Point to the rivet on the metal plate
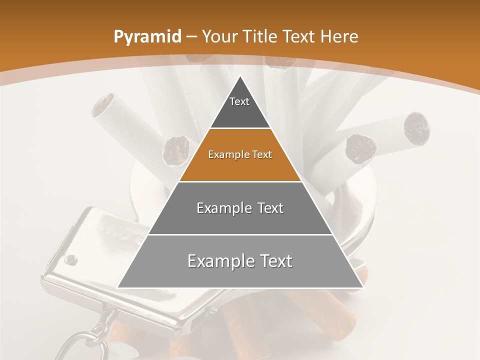pyautogui.click(x=71, y=258)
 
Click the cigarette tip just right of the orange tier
pyautogui.click(x=360, y=148)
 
